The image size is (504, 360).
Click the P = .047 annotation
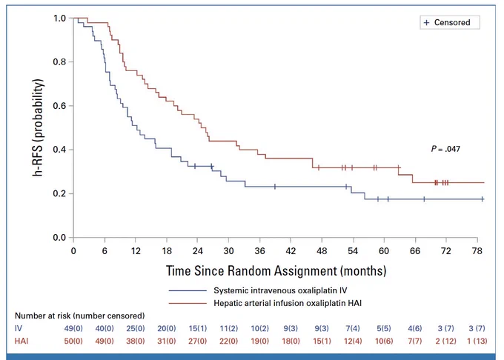coord(445,149)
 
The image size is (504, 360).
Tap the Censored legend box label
coord(452,22)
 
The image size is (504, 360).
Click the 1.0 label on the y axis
coord(60,19)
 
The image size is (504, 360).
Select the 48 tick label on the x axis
coord(322,250)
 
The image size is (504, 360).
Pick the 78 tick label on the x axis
coord(477,250)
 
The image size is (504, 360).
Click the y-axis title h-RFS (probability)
coord(38,127)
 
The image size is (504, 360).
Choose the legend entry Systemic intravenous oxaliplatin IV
coord(280,290)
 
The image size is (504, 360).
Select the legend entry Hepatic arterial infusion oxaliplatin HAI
coord(288,303)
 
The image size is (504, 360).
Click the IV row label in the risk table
coord(19,328)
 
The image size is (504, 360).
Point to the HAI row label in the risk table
coord(21,341)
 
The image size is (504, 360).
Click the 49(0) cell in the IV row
coord(73,329)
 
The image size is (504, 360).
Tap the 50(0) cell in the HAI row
coord(73,341)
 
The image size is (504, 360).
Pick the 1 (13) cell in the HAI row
coord(477,341)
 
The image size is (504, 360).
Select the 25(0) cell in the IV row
coord(136,329)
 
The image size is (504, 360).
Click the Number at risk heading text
coord(80,316)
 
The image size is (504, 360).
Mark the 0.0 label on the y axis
coord(60,238)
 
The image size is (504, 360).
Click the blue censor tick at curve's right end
coord(483,199)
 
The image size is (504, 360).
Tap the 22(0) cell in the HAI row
coord(228,341)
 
